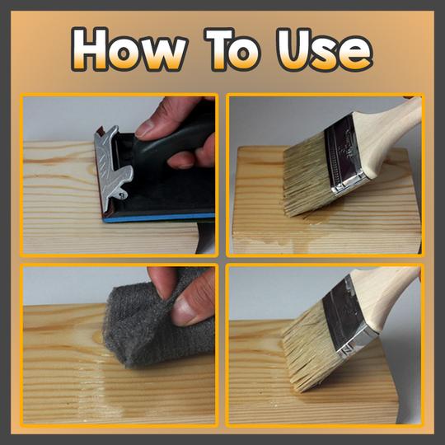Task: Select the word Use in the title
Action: point(325,49)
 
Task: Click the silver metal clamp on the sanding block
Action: point(113,167)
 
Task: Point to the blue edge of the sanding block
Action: point(159,218)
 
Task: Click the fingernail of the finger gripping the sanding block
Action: point(145,129)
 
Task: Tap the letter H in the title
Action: point(90,49)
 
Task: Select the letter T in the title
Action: point(218,49)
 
